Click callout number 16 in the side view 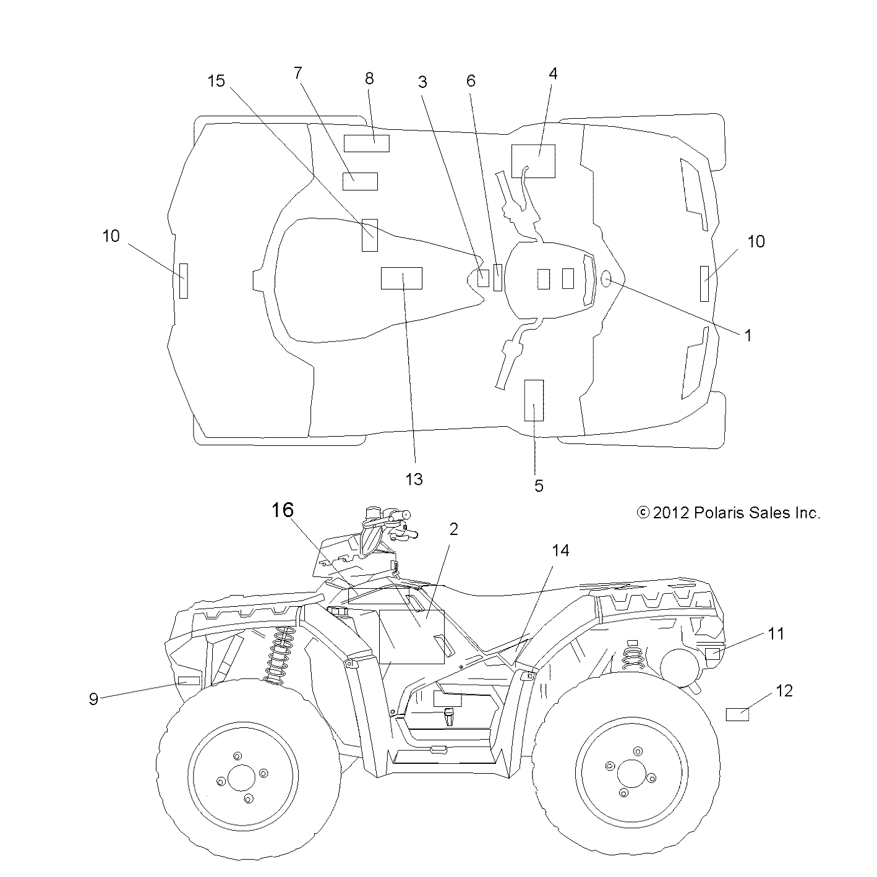click(281, 510)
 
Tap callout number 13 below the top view click(414, 479)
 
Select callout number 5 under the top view click(539, 486)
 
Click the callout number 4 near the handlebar click(553, 74)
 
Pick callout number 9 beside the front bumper click(93, 699)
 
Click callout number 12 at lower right click(784, 690)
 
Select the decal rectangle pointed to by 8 click(367, 143)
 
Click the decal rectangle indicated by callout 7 click(360, 181)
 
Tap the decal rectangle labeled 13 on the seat click(401, 278)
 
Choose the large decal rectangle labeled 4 click(533, 161)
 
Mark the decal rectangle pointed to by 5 click(534, 400)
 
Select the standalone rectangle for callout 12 click(737, 715)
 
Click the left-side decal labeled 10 click(183, 280)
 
